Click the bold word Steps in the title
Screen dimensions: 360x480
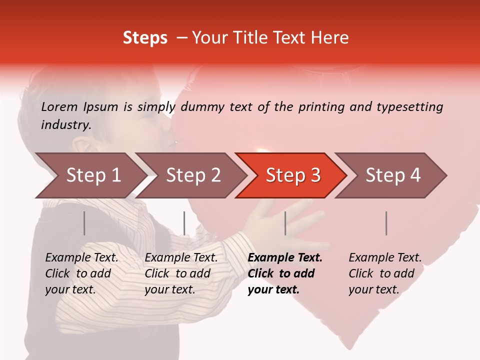(x=145, y=38)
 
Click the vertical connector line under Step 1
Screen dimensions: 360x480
(x=84, y=223)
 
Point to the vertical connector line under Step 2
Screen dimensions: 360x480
(x=184, y=223)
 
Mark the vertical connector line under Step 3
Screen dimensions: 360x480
(x=285, y=223)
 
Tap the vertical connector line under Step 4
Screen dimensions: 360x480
(x=386, y=223)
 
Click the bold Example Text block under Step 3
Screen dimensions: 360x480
(x=285, y=273)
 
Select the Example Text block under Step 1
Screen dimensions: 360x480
(x=81, y=273)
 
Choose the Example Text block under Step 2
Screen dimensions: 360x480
(x=181, y=273)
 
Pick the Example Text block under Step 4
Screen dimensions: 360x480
(x=385, y=273)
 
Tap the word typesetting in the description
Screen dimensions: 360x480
(x=409, y=107)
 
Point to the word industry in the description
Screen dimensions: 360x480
(x=65, y=124)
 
